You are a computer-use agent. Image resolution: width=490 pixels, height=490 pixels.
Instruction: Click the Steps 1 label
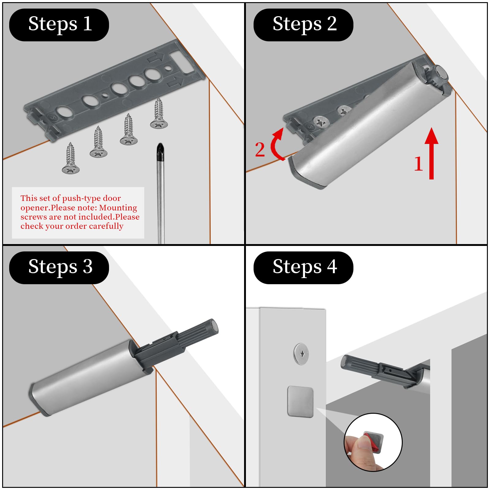(59, 25)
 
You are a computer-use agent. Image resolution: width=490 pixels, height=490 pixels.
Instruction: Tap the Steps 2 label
(303, 25)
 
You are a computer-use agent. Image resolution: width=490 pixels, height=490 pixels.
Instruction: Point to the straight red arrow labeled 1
(432, 153)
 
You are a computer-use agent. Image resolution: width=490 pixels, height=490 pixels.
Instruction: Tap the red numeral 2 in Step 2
(260, 149)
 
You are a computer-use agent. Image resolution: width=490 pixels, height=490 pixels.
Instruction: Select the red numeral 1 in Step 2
(418, 164)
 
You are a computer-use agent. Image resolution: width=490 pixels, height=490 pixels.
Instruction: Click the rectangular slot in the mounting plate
(182, 63)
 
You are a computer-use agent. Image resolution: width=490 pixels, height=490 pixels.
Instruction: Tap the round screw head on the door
(301, 354)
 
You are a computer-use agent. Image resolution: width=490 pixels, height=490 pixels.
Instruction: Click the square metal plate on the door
(300, 401)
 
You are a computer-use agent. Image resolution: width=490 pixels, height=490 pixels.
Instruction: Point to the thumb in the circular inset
(360, 449)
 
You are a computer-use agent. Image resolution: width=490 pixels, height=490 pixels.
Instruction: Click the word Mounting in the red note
(118, 208)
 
